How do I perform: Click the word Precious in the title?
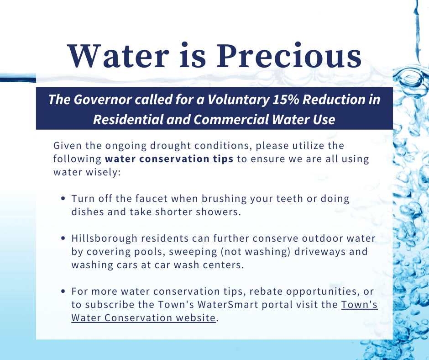coord(289,56)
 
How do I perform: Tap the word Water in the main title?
coord(118,56)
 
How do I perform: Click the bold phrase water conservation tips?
coord(169,159)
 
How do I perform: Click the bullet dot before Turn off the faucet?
coord(63,198)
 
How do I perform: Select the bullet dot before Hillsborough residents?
coord(63,238)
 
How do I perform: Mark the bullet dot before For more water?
coord(63,291)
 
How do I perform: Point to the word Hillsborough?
coord(104,238)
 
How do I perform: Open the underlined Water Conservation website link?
coord(143,318)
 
